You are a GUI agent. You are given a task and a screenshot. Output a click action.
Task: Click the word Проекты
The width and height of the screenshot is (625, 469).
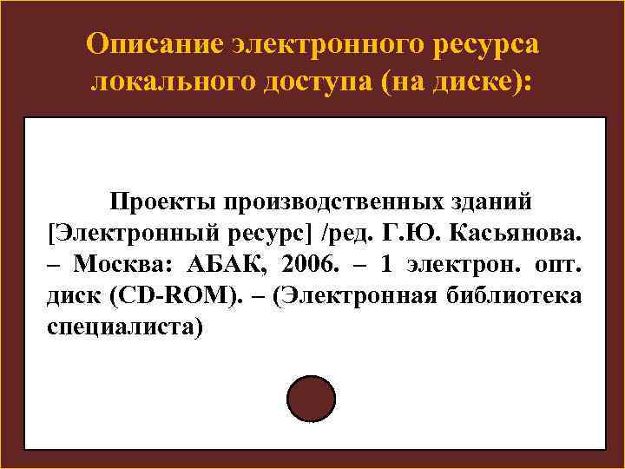click(x=161, y=201)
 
